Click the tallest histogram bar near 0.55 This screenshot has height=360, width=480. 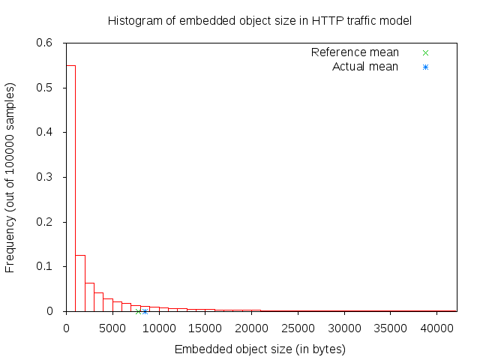click(70, 187)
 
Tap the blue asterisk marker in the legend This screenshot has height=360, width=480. click(425, 67)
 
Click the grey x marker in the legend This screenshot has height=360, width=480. click(425, 52)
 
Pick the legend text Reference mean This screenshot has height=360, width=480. click(355, 52)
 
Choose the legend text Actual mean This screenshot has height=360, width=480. click(365, 67)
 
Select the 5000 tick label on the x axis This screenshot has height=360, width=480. click(112, 327)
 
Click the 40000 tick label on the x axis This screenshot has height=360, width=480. click(438, 327)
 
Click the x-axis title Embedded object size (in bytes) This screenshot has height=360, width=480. click(260, 349)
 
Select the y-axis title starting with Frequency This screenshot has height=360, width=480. click(10, 177)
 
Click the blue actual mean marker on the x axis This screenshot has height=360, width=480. click(145, 311)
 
